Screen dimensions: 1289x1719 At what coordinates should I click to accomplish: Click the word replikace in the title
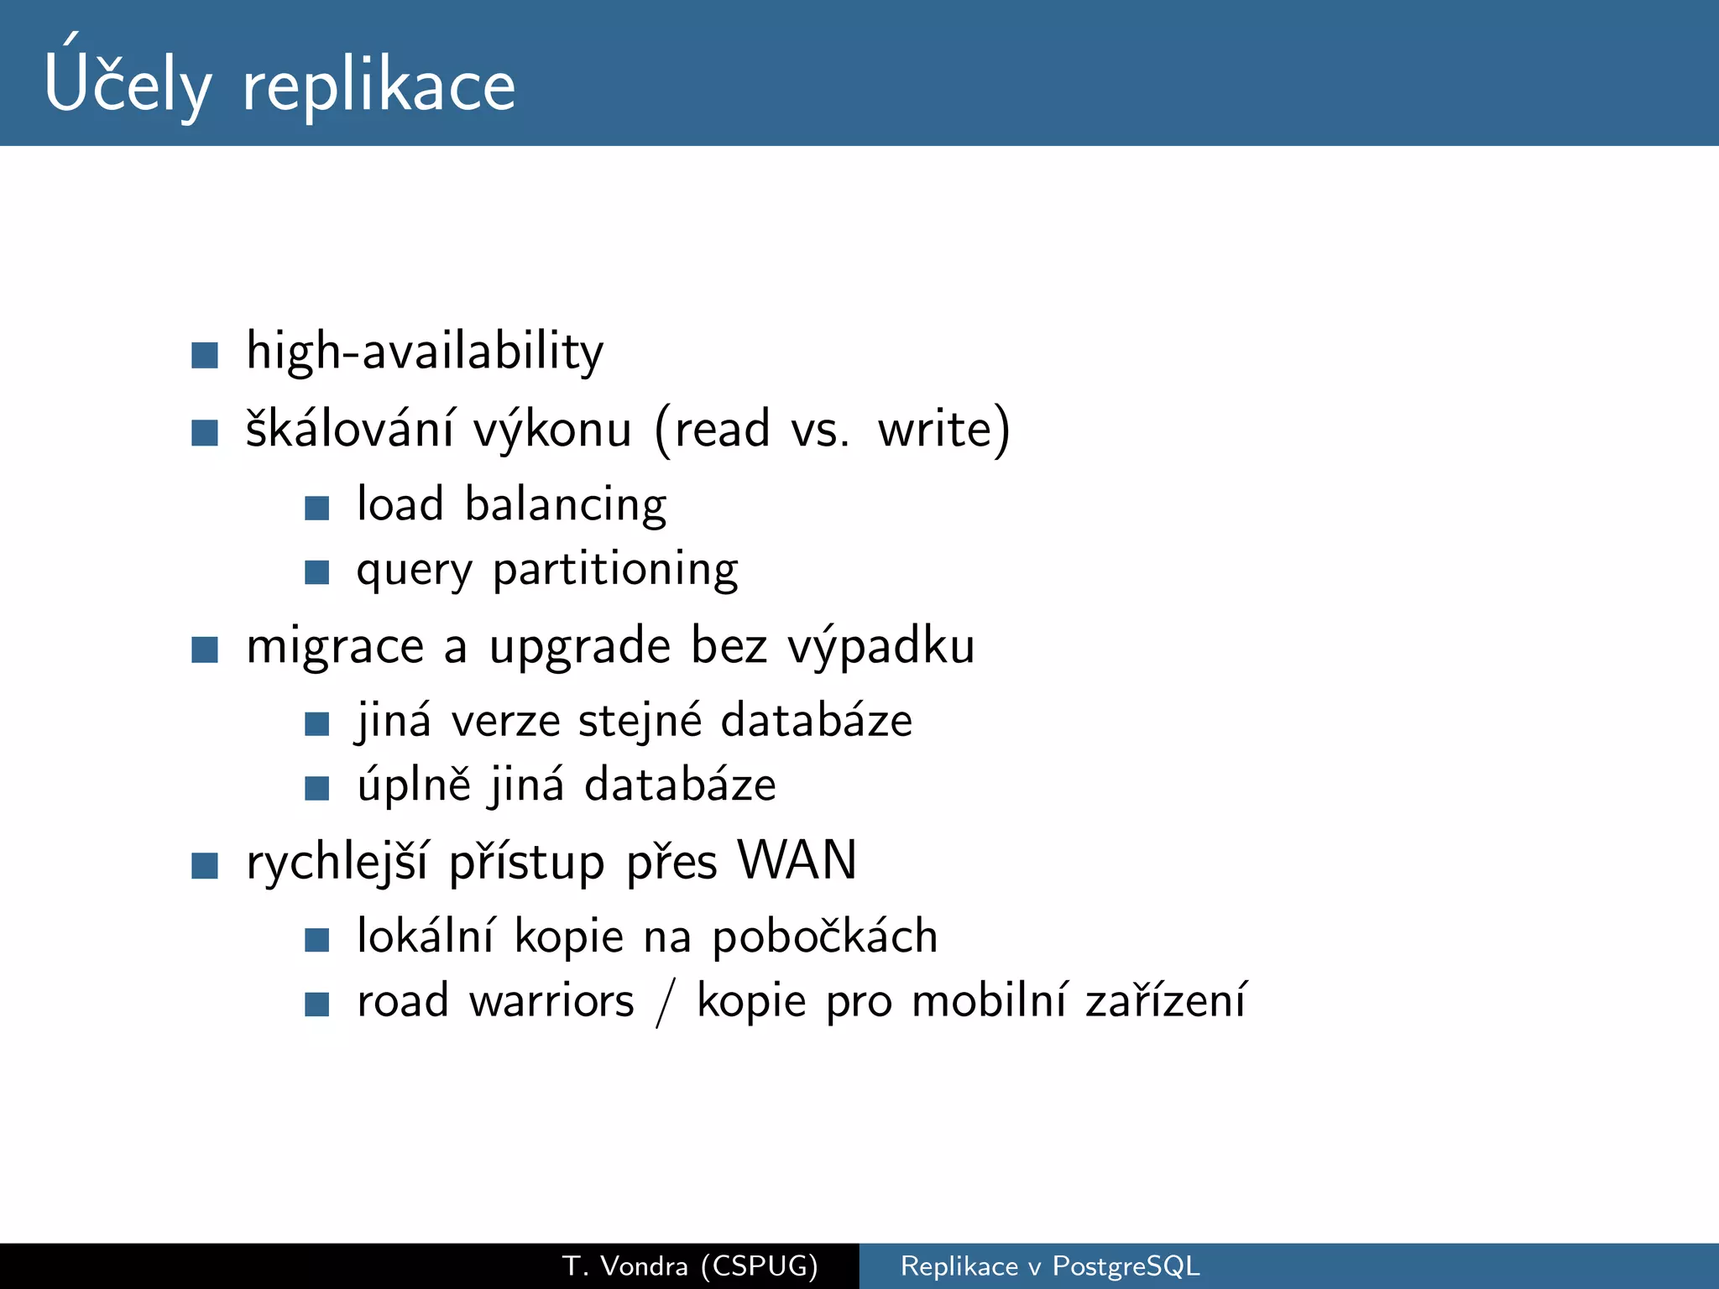(x=379, y=87)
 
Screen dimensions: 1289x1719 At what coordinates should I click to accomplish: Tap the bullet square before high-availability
(x=205, y=354)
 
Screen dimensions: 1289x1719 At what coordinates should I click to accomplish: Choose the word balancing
(x=566, y=505)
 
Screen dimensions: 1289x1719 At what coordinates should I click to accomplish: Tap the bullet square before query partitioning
(x=316, y=572)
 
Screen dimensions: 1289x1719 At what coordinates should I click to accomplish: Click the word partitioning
(x=615, y=571)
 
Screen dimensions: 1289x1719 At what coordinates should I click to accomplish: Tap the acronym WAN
(x=797, y=861)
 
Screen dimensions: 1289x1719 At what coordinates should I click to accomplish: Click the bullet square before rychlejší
(x=205, y=865)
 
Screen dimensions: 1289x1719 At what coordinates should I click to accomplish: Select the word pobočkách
(x=824, y=936)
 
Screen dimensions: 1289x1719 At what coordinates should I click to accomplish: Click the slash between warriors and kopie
(x=666, y=1002)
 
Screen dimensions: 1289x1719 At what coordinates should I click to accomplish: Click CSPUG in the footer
(x=759, y=1266)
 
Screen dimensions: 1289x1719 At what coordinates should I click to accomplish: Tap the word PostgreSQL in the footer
(x=1126, y=1266)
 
